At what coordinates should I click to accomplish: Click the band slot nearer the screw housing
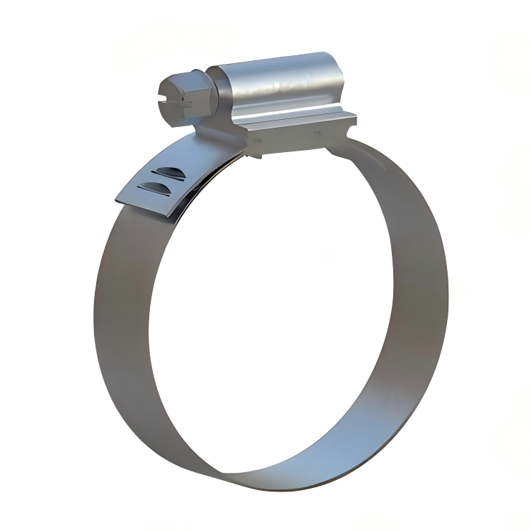[169, 171]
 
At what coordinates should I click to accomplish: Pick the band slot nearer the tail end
[154, 187]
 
